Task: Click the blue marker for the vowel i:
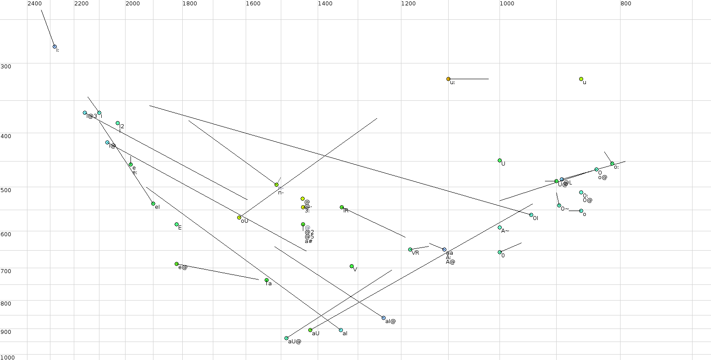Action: click(54, 46)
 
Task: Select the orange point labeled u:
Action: click(448, 79)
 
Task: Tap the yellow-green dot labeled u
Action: click(581, 79)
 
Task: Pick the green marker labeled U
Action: click(499, 161)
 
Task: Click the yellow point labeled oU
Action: click(239, 218)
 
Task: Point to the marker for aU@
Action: click(286, 338)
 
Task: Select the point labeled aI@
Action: click(383, 318)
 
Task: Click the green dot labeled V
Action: click(351, 266)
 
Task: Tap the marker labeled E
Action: click(176, 225)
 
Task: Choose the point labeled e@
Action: click(176, 264)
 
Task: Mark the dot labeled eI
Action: click(153, 204)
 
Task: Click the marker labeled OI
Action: click(531, 215)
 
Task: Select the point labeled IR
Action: click(342, 207)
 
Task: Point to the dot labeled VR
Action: click(410, 250)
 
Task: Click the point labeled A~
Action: click(499, 228)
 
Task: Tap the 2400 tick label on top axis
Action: click(35, 4)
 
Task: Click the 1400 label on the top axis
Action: click(325, 4)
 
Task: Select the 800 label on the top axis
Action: click(625, 4)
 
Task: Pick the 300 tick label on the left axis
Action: click(6, 67)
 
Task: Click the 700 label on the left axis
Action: click(6, 271)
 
